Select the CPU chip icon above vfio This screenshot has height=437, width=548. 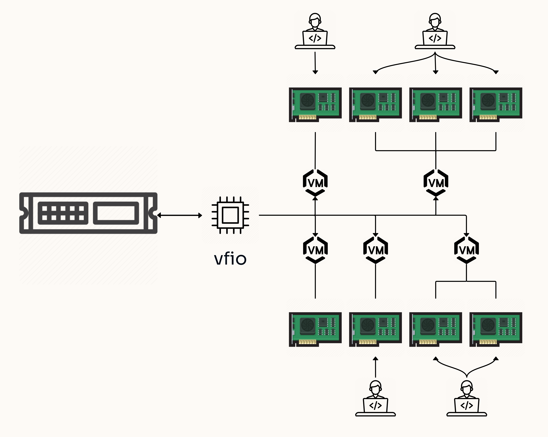pos(230,215)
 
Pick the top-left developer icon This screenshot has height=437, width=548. pos(315,31)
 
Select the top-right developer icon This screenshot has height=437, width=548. pos(435,31)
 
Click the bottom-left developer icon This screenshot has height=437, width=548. pos(375,398)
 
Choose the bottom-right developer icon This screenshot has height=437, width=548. pos(467,398)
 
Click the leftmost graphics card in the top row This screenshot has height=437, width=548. pos(315,105)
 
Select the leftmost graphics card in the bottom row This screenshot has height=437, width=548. pos(315,329)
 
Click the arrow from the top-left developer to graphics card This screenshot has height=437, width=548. pos(315,63)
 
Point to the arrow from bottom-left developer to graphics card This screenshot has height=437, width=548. pos(375,367)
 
